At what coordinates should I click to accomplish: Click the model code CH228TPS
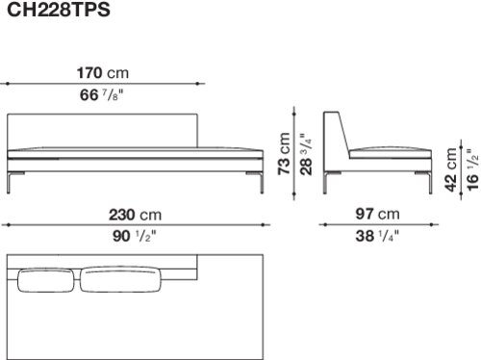[x=59, y=10]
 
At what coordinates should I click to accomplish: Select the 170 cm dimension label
[x=103, y=73]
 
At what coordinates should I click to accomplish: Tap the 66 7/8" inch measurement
[x=101, y=95]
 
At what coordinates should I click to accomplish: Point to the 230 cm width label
[x=135, y=215]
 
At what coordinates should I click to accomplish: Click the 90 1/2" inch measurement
[x=134, y=237]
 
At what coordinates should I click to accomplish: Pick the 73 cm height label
[x=284, y=153]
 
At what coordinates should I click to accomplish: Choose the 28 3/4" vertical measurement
[x=306, y=154]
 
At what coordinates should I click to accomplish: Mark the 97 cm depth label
[x=377, y=215]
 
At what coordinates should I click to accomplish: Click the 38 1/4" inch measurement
[x=377, y=236]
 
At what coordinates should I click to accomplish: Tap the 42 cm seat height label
[x=451, y=169]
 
